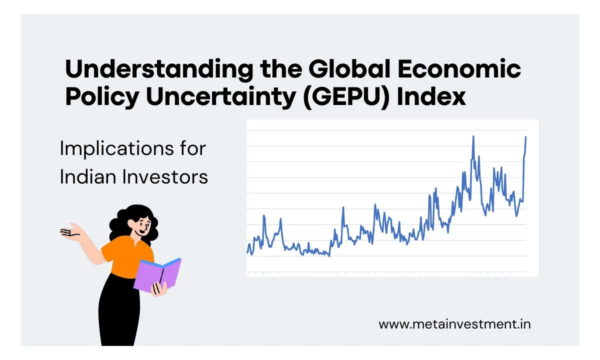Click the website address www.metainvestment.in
pyautogui.click(x=454, y=323)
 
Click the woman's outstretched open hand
pyautogui.click(x=70, y=232)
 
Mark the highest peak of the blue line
pyautogui.click(x=473, y=136)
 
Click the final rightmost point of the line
pyautogui.click(x=526, y=136)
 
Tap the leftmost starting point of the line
pyautogui.click(x=247, y=253)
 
